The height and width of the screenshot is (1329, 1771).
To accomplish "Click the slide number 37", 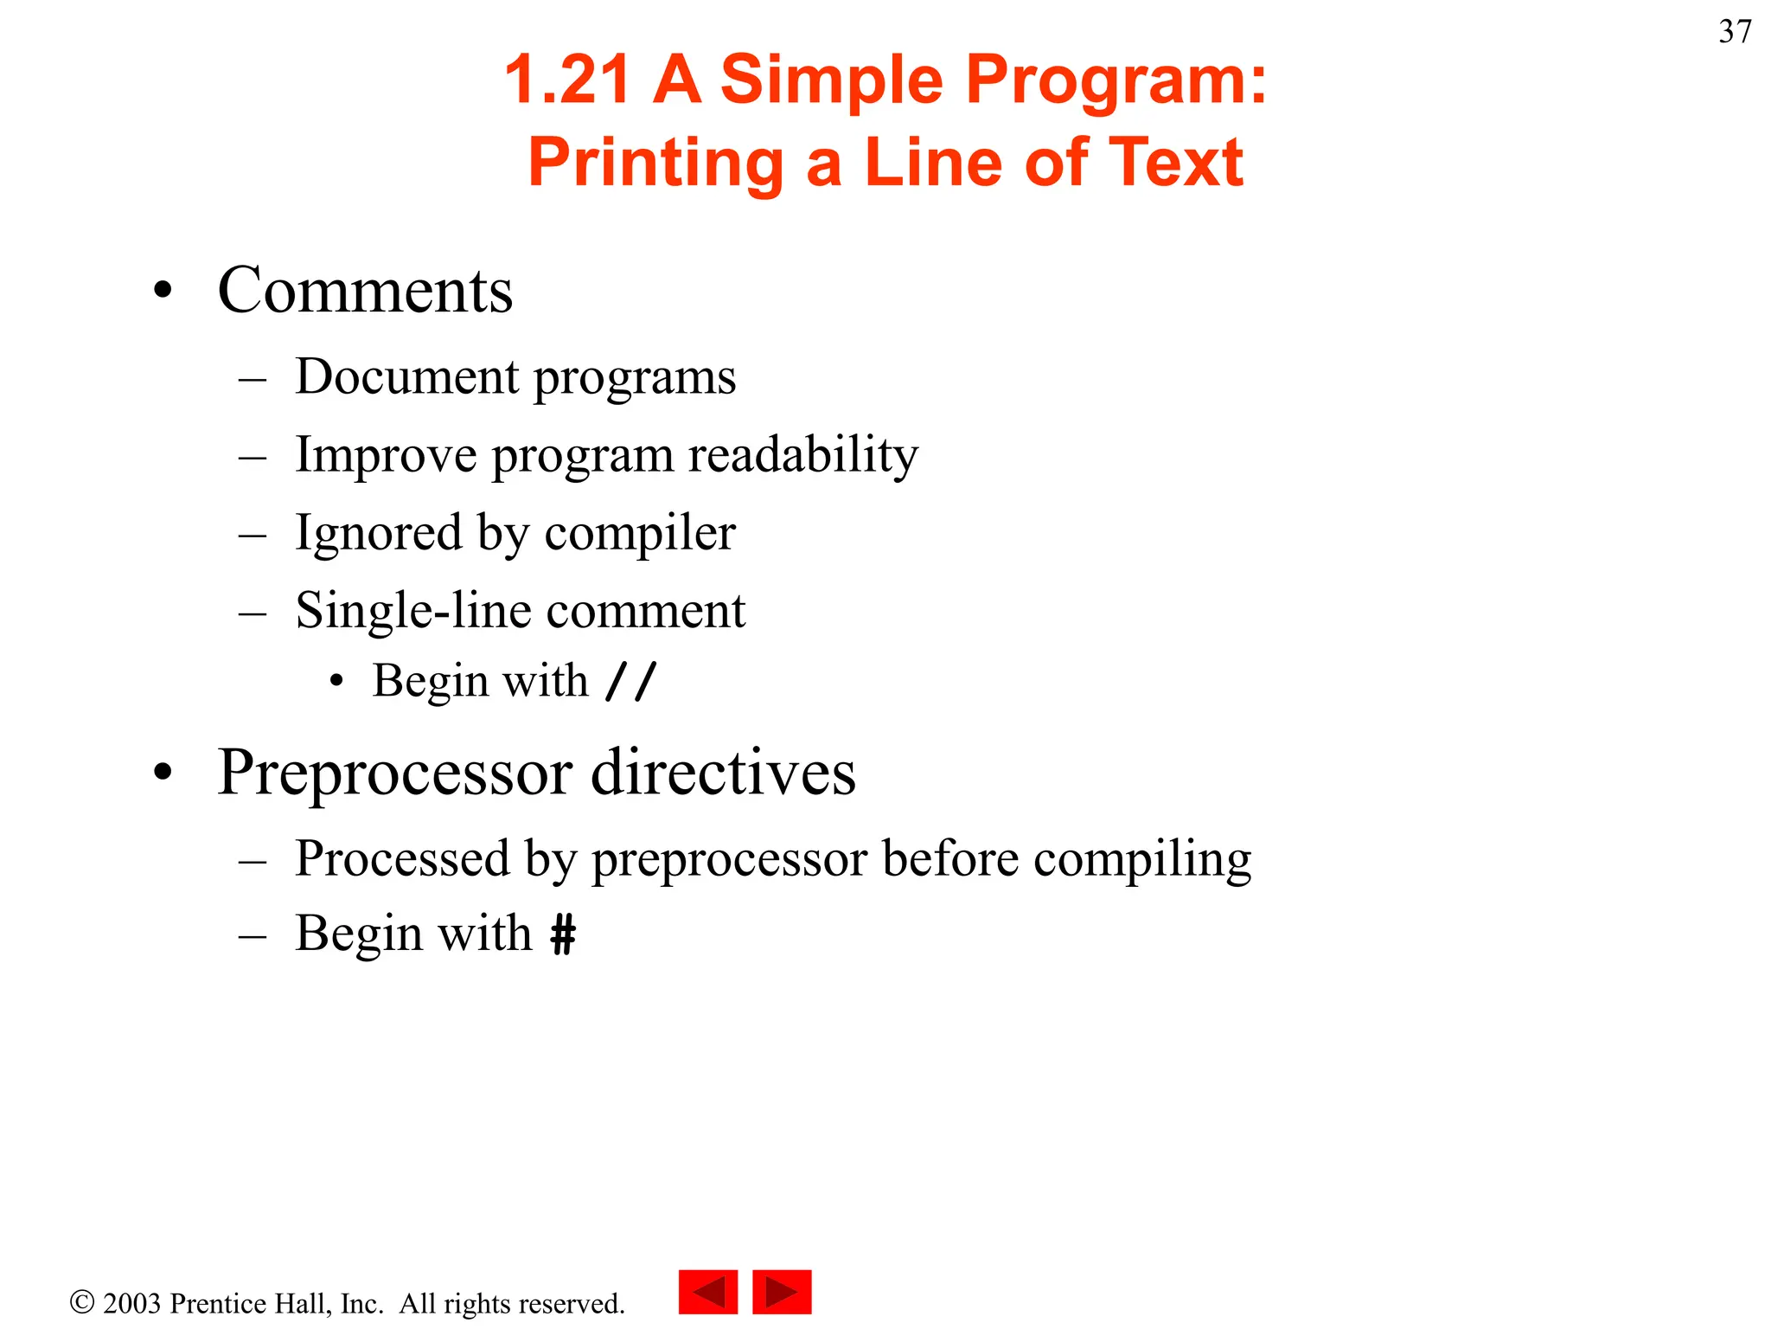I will [x=1735, y=32].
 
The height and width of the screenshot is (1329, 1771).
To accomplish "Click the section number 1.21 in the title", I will [x=566, y=80].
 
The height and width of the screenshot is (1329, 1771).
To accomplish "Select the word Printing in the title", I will [x=655, y=163].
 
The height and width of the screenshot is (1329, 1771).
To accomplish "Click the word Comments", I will [x=365, y=291].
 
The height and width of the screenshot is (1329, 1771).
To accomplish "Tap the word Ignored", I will [x=378, y=533].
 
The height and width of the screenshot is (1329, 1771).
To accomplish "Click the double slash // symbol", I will [x=631, y=681].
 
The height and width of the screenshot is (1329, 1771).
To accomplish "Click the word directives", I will [x=723, y=773].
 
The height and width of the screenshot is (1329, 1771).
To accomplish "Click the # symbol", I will [x=563, y=934].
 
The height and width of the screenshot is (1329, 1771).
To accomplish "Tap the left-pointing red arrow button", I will [x=707, y=1292].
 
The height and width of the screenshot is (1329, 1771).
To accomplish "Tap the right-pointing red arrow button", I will [x=782, y=1292].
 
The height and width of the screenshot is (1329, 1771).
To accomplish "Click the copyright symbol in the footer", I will [x=82, y=1302].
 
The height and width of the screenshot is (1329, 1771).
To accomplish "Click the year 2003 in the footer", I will [x=131, y=1303].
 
